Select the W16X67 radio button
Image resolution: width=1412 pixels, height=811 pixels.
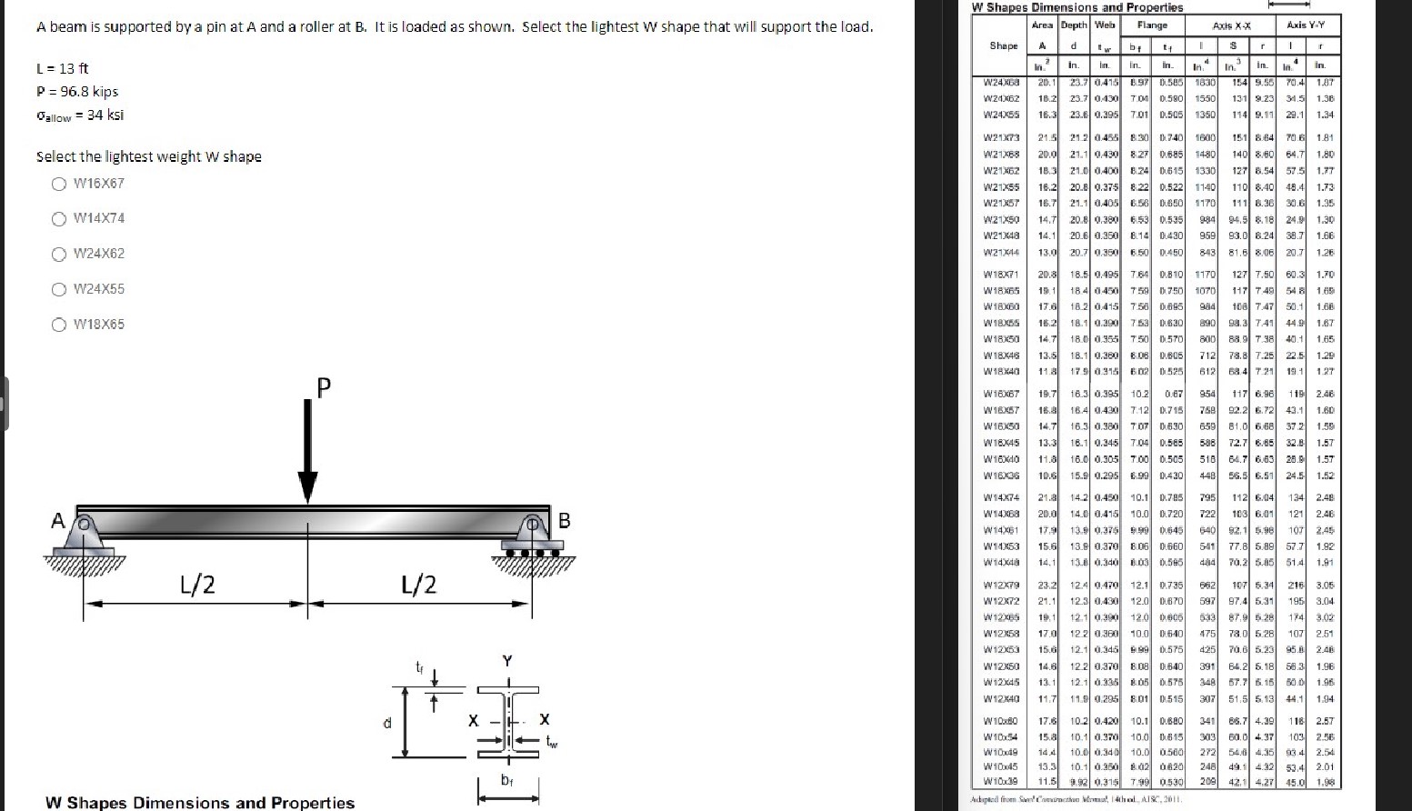pyautogui.click(x=59, y=184)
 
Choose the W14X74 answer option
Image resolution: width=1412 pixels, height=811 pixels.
pyautogui.click(x=59, y=219)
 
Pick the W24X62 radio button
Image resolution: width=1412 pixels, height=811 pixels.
pyautogui.click(x=59, y=255)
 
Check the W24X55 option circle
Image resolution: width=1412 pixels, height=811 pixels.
pyautogui.click(x=59, y=290)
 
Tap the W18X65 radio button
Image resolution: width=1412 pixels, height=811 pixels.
pyautogui.click(x=59, y=325)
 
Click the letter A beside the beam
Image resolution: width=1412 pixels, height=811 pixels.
pyautogui.click(x=57, y=521)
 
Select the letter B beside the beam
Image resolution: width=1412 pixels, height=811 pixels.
pyautogui.click(x=564, y=521)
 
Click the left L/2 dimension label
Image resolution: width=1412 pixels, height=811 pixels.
pyautogui.click(x=197, y=585)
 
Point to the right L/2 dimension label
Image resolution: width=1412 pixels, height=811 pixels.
pyautogui.click(x=418, y=585)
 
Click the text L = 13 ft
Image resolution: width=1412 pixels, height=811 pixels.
pyautogui.click(x=63, y=69)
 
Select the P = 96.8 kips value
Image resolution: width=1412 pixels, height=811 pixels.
pyautogui.click(x=77, y=92)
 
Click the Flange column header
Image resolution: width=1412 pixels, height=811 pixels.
pyautogui.click(x=1152, y=25)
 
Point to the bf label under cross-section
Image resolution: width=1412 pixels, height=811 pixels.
pyautogui.click(x=506, y=780)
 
